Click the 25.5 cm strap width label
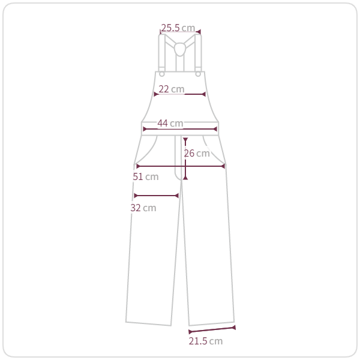click(x=178, y=28)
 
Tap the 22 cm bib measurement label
click(x=171, y=89)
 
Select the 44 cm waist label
click(x=170, y=123)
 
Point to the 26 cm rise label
click(x=197, y=154)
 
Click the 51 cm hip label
click(x=146, y=177)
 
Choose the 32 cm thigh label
click(x=143, y=208)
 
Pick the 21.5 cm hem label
click(x=206, y=341)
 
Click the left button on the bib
click(x=162, y=74)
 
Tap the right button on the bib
click(x=198, y=74)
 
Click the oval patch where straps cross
click(x=180, y=49)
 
